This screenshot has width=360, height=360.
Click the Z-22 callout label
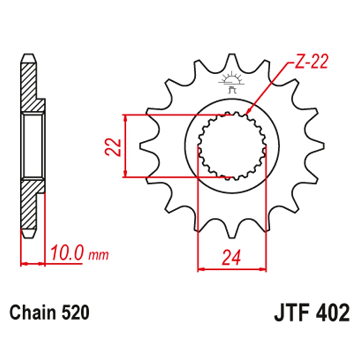[x=311, y=62]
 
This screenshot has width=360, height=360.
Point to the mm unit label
[x=99, y=255]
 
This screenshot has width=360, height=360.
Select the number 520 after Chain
[x=75, y=313]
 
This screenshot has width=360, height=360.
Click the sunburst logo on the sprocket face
[x=231, y=81]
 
